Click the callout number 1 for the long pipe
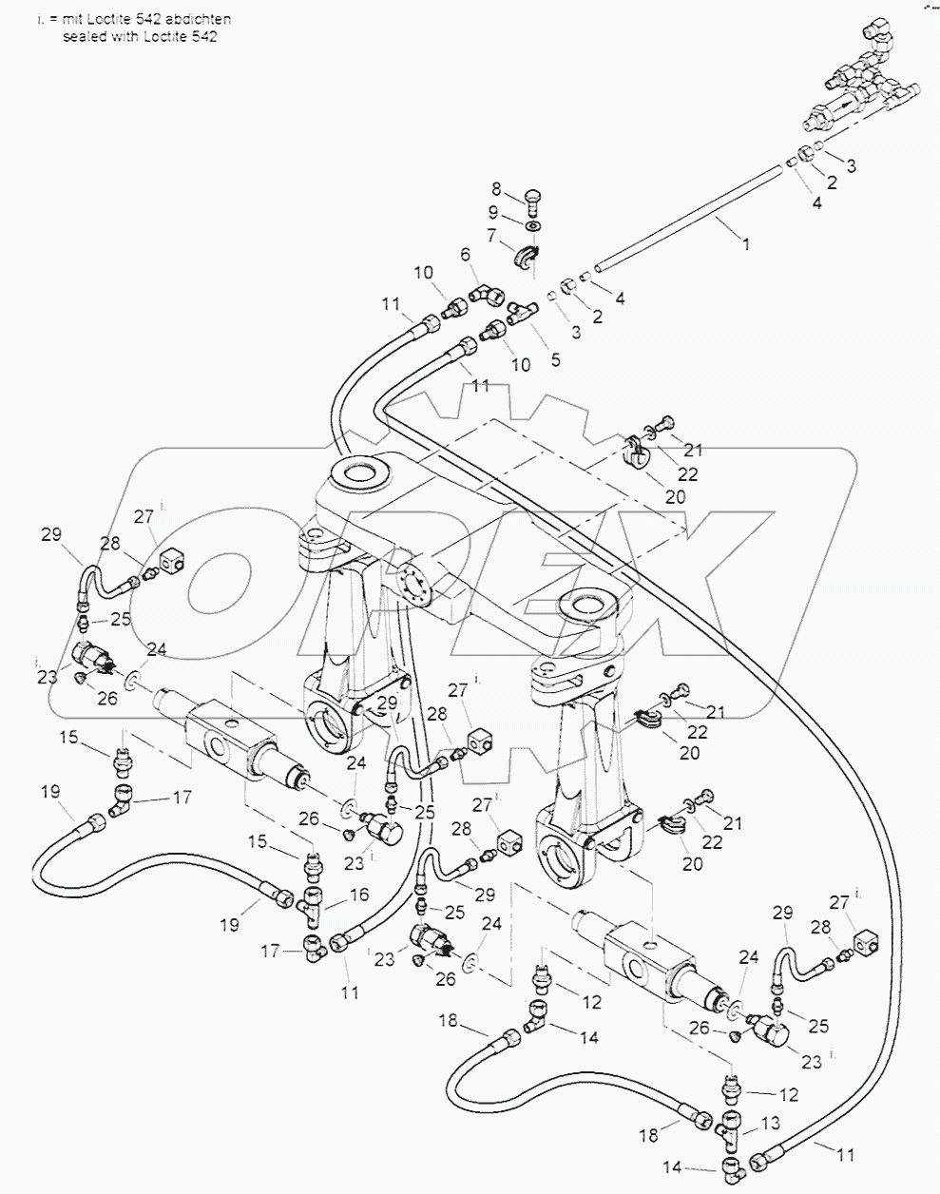tap(746, 244)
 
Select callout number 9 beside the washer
tap(521, 211)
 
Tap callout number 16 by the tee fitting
tap(360, 895)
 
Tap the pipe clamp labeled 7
tap(526, 260)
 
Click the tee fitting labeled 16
tap(313, 901)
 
